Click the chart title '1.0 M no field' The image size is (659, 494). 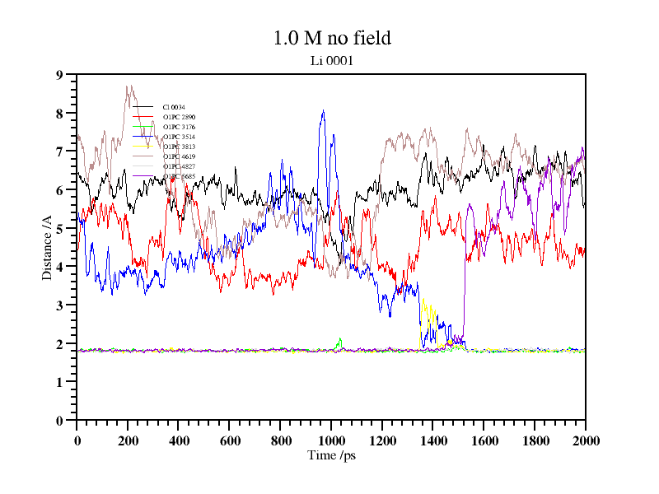pos(331,38)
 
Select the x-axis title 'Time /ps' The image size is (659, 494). pos(330,455)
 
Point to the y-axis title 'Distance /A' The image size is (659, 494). pos(48,247)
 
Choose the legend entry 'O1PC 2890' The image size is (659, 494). pos(179,118)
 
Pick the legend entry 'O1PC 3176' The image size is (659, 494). pos(179,128)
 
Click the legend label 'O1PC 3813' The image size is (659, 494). pos(179,147)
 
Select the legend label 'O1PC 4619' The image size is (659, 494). pos(179,156)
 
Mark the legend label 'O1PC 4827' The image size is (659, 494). pos(179,166)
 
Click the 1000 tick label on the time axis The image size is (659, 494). pos(331,441)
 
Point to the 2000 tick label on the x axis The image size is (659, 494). pos(585,441)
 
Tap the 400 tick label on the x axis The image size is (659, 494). pos(179,441)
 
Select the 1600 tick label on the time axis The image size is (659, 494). pos(484,441)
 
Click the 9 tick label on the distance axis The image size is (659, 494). pos(59,75)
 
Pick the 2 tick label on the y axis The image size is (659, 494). pos(59,344)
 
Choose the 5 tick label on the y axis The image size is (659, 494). pos(59,229)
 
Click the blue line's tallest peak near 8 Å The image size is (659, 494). pos(323,111)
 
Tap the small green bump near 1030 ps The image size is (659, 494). pos(339,339)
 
